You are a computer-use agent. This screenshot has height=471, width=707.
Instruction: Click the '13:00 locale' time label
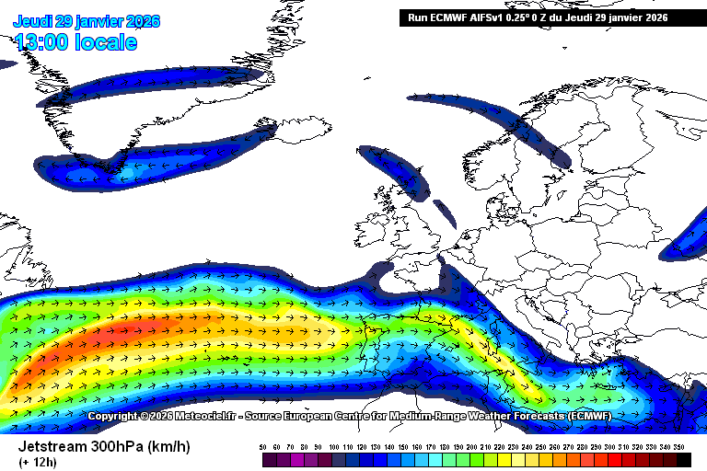pyautogui.click(x=75, y=42)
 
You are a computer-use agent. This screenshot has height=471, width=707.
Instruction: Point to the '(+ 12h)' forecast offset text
pyautogui.click(x=37, y=462)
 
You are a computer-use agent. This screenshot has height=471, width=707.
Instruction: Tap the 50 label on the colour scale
pyautogui.click(x=263, y=446)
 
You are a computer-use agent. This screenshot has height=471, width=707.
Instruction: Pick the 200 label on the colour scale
pyautogui.click(x=472, y=446)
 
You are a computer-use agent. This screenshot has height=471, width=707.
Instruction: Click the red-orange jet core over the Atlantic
pyautogui.click(x=129, y=332)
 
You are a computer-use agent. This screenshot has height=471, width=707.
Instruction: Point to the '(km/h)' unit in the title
pyautogui.click(x=171, y=446)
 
